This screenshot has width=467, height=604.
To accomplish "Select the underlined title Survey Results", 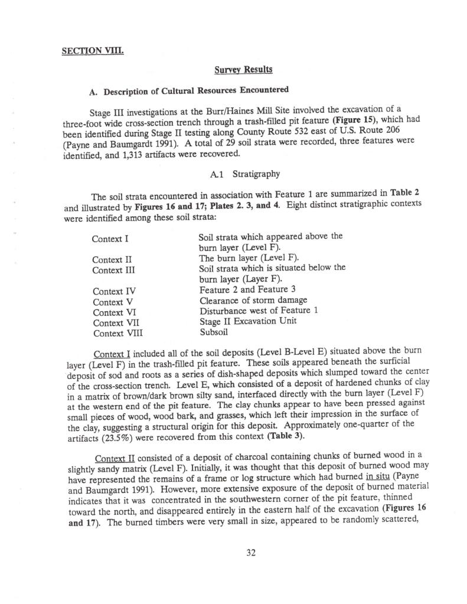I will (243, 70).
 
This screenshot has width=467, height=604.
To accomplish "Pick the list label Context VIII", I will (117, 332).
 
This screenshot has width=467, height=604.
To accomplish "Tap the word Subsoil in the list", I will (214, 332).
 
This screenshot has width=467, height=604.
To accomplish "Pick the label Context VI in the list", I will (111, 312).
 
